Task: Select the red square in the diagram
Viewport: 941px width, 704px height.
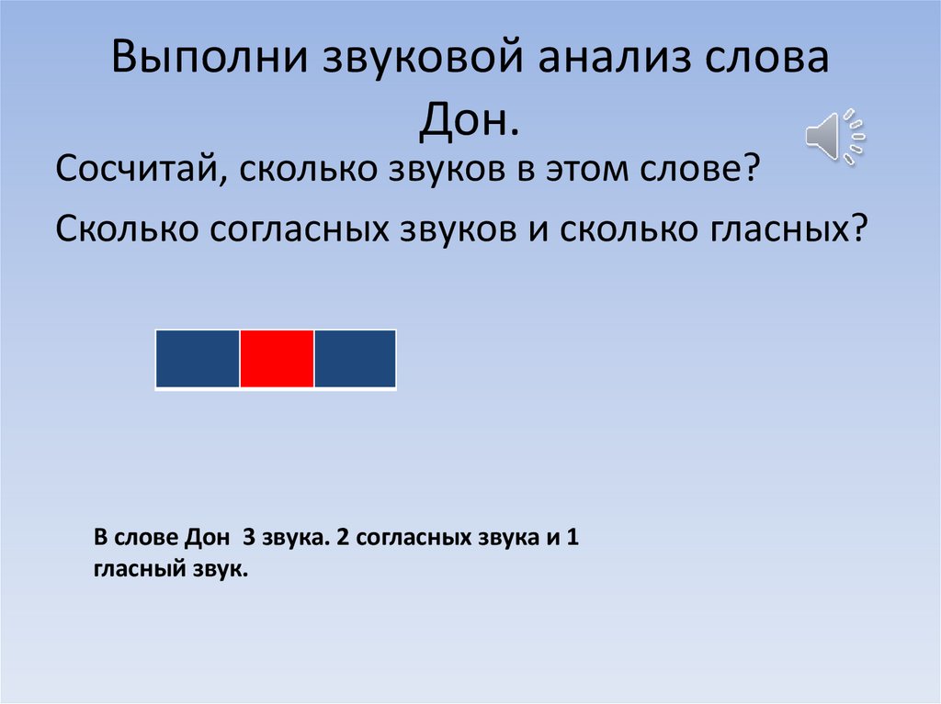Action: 277,359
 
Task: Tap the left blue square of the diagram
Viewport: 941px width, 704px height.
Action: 198,359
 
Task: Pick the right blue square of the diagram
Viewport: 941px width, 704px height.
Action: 355,359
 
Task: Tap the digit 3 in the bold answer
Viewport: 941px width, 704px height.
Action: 247,538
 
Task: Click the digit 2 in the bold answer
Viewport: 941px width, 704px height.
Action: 342,538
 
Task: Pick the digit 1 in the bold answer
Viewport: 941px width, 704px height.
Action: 571,538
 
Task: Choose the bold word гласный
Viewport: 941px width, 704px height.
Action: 136,569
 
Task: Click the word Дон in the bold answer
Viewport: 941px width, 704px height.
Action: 205,538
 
